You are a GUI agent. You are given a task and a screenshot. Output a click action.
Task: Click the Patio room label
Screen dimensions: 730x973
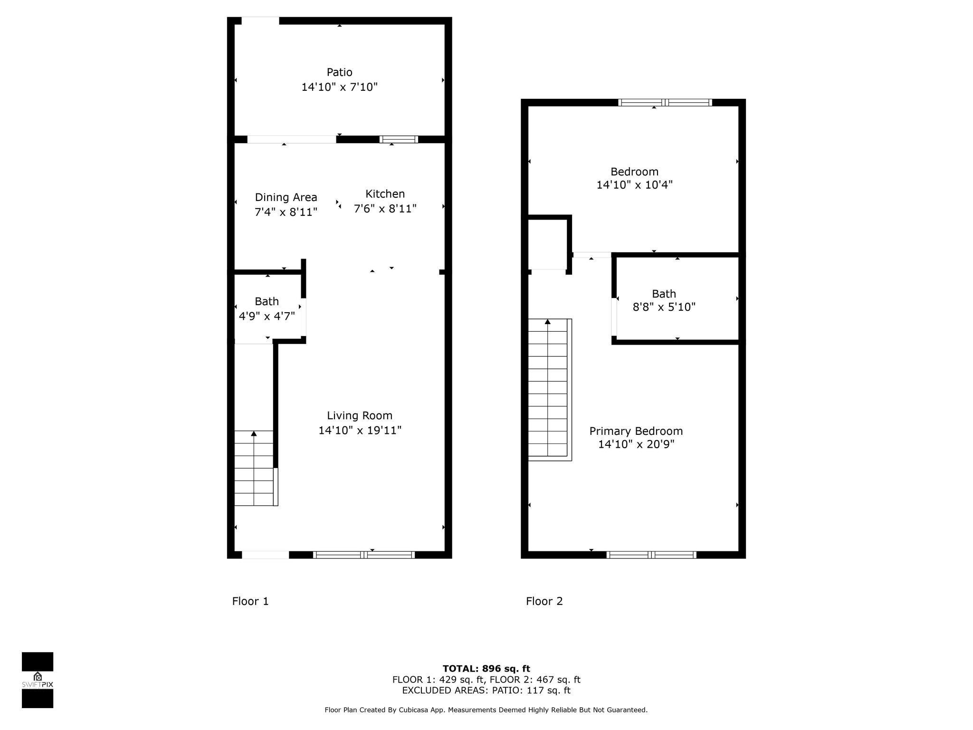point(339,72)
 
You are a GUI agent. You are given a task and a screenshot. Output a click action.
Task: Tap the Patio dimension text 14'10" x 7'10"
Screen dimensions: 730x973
point(339,87)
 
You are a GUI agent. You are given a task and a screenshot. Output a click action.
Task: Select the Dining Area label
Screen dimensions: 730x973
point(286,197)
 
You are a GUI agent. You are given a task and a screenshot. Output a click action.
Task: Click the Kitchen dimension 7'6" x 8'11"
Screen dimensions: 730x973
point(385,209)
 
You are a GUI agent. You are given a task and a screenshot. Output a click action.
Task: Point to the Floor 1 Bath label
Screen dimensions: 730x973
point(267,301)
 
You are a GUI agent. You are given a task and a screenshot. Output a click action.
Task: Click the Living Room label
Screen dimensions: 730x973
point(360,415)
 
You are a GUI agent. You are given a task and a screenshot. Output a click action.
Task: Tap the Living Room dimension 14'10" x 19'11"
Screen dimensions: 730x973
point(360,431)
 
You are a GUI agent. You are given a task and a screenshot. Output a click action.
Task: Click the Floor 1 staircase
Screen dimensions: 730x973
point(254,468)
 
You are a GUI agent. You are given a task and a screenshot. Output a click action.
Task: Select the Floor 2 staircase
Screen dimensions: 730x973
point(548,387)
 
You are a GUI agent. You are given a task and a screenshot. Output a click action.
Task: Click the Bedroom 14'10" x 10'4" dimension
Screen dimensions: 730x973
point(634,185)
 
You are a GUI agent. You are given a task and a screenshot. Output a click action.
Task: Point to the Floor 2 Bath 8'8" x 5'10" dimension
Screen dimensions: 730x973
point(664,307)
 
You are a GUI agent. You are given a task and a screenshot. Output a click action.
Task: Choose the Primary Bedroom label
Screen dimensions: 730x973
point(636,431)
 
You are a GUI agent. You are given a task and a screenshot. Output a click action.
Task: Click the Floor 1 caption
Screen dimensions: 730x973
point(250,601)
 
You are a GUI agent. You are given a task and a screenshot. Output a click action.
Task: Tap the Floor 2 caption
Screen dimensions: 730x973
point(544,601)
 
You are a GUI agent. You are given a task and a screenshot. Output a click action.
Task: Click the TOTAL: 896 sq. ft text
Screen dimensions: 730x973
point(486,669)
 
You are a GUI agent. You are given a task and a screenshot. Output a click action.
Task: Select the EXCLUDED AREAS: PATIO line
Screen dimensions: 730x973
point(486,691)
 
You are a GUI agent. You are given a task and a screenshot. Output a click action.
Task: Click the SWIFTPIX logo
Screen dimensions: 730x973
point(38,680)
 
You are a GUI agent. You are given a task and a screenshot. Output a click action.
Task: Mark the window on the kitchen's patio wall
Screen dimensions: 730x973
point(399,139)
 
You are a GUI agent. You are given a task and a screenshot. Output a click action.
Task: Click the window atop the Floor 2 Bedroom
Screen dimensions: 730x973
point(665,102)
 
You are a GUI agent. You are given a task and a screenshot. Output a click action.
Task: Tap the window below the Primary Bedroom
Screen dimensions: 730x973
point(651,555)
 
